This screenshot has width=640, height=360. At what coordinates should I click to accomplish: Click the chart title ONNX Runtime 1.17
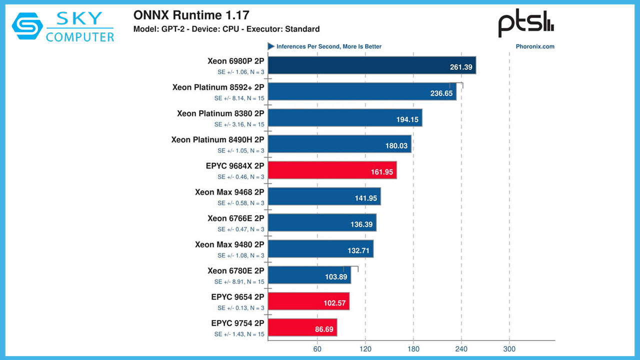pyautogui.click(x=191, y=15)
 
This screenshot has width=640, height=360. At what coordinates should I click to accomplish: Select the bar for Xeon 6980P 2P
pyautogui.click(x=371, y=65)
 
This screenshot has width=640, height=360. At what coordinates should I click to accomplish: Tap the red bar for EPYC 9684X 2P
pyautogui.click(x=332, y=170)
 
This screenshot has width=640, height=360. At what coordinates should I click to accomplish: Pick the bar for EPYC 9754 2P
pyautogui.click(x=302, y=327)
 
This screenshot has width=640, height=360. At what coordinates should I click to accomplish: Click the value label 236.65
pyautogui.click(x=441, y=93)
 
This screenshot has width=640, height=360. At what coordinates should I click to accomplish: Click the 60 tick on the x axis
pyautogui.click(x=317, y=348)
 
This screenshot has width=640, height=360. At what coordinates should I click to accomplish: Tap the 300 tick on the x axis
pyautogui.click(x=509, y=348)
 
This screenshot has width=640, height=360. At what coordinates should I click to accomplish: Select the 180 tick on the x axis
pyautogui.click(x=413, y=348)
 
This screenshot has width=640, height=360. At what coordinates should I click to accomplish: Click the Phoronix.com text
pyautogui.click(x=534, y=46)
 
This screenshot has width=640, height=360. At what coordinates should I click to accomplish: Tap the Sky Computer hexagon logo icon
pyautogui.click(x=27, y=26)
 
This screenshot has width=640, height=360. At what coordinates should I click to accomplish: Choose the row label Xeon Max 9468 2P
pyautogui.click(x=229, y=192)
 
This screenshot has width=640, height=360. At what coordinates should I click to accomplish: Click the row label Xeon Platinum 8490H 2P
pyautogui.click(x=217, y=139)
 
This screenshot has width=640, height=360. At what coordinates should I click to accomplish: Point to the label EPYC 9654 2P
pyautogui.click(x=237, y=297)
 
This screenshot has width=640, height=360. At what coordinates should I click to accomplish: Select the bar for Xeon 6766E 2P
pyautogui.click(x=322, y=222)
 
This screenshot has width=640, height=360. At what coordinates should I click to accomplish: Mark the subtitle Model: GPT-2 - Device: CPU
pyautogui.click(x=226, y=29)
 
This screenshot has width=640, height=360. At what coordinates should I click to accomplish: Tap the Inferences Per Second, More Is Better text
pyautogui.click(x=329, y=46)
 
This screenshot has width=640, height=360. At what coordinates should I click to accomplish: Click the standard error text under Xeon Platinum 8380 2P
pyautogui.click(x=239, y=124)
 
